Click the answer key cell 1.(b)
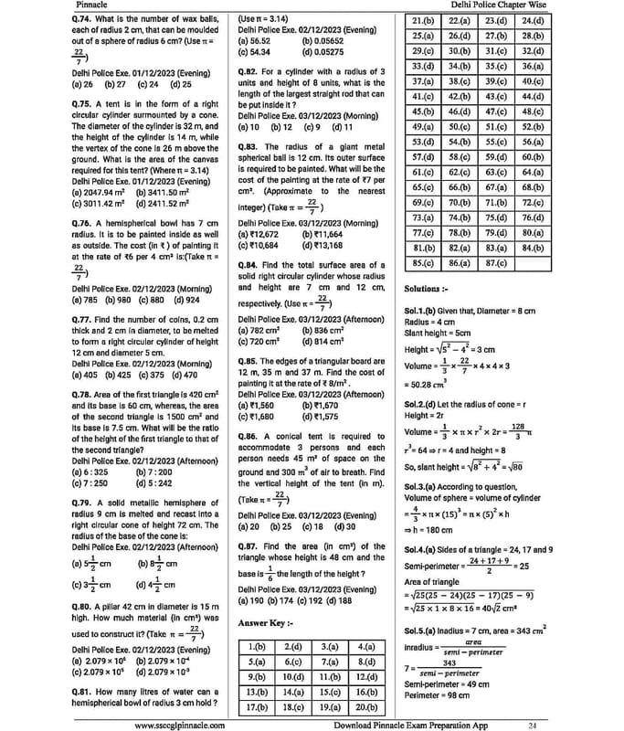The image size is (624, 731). coord(258,647)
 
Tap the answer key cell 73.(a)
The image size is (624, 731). coord(422,217)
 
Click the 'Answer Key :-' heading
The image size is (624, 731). coord(267,622)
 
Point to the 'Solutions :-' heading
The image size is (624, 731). coord(428,289)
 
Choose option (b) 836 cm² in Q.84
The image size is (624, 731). coord(322,330)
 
